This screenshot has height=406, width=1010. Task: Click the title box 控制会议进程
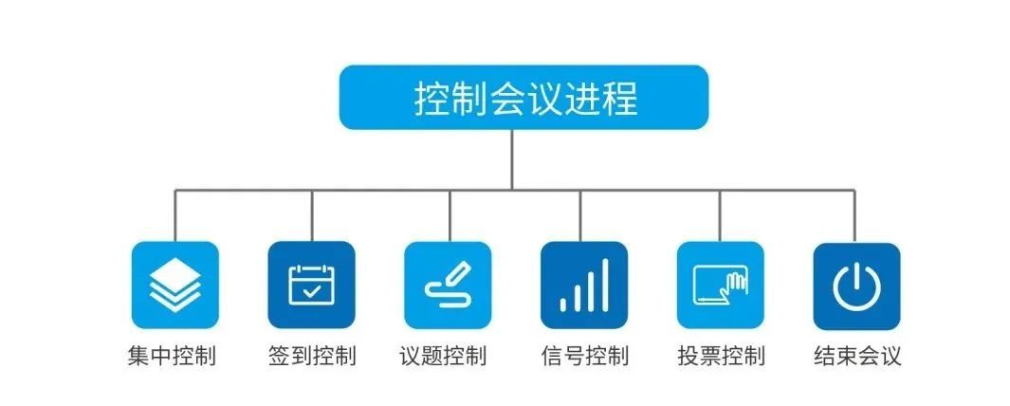tap(523, 98)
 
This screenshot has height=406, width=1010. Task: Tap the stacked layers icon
tap(175, 285)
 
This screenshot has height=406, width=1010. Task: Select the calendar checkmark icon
tap(312, 285)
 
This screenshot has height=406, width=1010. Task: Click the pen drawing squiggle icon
tap(448, 285)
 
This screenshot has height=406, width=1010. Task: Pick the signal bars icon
tap(584, 285)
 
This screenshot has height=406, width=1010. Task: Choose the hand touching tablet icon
tap(720, 285)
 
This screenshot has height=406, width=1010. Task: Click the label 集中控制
tap(172, 356)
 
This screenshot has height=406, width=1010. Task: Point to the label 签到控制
tap(312, 356)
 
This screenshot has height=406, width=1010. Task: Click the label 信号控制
tap(585, 356)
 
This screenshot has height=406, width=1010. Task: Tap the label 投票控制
tap(722, 356)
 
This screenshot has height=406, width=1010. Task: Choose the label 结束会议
tap(857, 356)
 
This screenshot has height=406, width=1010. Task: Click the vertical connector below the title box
tap(512, 159)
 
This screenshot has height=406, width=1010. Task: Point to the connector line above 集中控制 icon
tap(174, 215)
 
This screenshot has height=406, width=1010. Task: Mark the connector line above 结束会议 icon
tap(854, 216)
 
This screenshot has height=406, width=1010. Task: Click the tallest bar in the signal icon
tap(605, 285)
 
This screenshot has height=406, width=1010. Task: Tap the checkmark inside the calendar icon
tap(312, 291)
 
